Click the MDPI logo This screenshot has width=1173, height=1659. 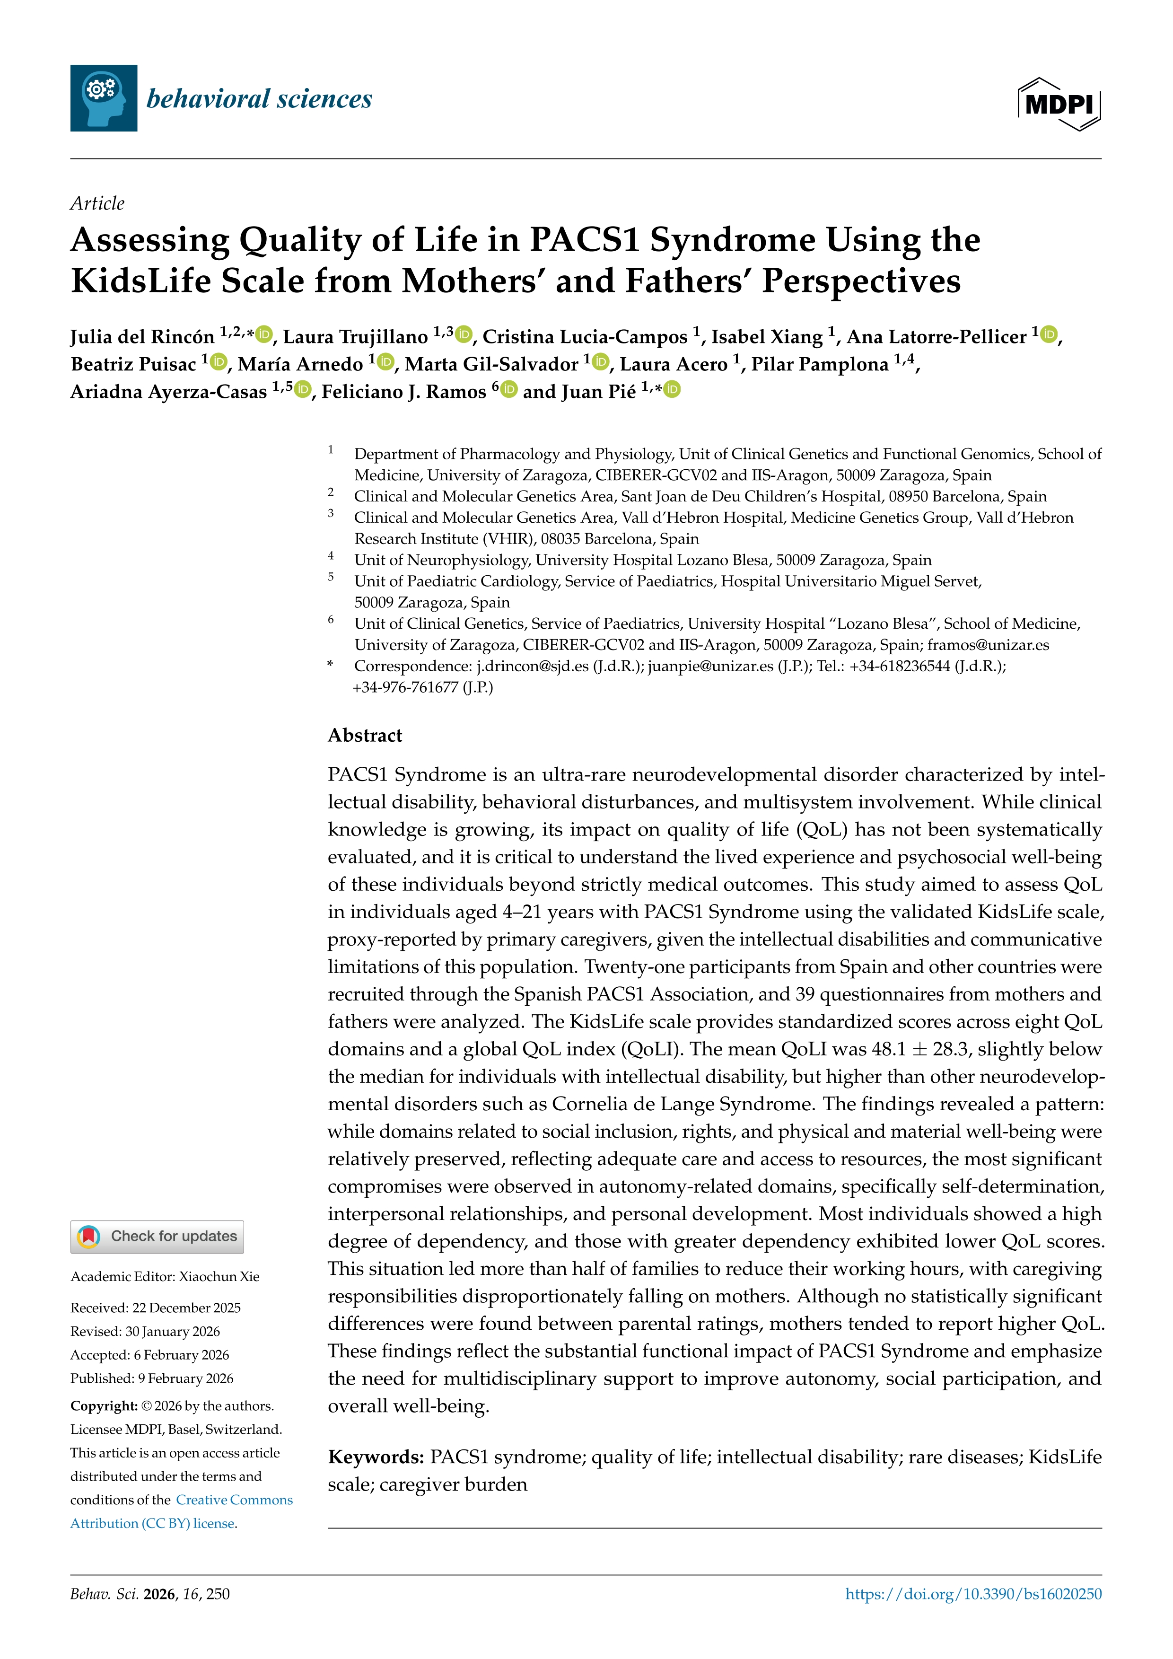click(x=1059, y=104)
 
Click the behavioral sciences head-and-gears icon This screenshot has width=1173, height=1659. click(x=103, y=98)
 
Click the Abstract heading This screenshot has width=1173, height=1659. click(x=365, y=736)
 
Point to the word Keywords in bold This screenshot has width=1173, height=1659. click(x=376, y=1457)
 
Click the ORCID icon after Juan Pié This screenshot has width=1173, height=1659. click(x=673, y=390)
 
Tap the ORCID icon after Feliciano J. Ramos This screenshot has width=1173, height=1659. click(x=509, y=390)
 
